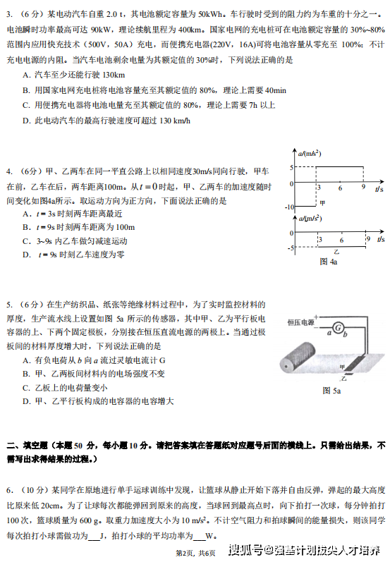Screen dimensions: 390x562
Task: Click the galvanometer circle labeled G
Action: click(x=337, y=328)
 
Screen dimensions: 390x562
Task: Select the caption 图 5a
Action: click(x=331, y=391)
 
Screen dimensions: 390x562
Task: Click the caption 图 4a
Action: click(x=329, y=262)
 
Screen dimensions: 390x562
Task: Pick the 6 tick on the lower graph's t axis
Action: click(x=340, y=240)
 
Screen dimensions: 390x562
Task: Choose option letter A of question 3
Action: click(x=25, y=75)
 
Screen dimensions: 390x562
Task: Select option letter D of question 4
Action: click(x=25, y=254)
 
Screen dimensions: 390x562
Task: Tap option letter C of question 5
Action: click(x=25, y=388)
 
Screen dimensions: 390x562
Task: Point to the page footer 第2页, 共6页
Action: click(x=194, y=551)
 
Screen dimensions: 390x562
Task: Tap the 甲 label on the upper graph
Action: click(x=323, y=202)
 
